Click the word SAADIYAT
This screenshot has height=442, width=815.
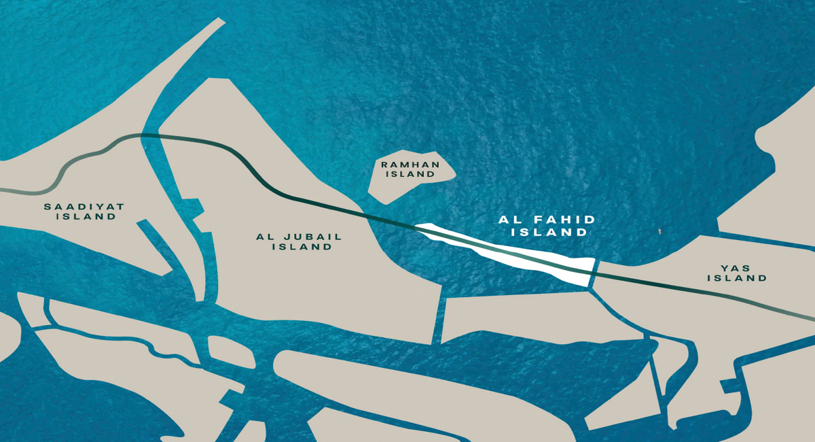coord(84,206)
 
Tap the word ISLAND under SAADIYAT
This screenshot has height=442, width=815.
coord(86,217)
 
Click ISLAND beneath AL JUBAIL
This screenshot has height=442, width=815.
coord(302,247)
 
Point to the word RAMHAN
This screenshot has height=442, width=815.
coord(410,165)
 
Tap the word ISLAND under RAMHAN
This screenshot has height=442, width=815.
coord(410,174)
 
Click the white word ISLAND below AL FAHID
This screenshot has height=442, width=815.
coord(549,232)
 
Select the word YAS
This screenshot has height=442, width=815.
coord(737,268)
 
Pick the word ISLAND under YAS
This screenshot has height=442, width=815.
coord(737,278)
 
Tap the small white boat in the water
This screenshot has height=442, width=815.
coord(659,232)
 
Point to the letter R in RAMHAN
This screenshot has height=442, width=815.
coord(384,165)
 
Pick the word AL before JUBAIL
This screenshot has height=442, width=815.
coord(264,237)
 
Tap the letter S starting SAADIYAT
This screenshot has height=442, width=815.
coord(48,206)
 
